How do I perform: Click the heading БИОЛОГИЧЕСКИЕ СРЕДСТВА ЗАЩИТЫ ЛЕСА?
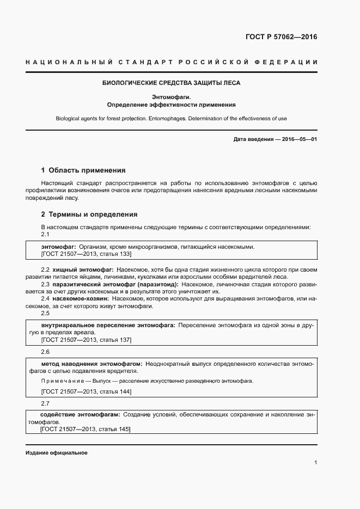(x=172, y=83)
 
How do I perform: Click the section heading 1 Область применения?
(x=83, y=170)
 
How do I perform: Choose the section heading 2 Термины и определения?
(x=89, y=214)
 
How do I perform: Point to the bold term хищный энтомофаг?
(x=83, y=269)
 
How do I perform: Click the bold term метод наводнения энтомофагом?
(x=92, y=363)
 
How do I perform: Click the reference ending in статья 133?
(x=86, y=254)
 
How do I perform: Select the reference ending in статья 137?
(x=86, y=340)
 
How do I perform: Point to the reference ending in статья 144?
(x=86, y=391)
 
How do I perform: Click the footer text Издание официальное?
(x=57, y=453)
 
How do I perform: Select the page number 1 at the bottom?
(x=316, y=463)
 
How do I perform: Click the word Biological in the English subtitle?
(x=69, y=119)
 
